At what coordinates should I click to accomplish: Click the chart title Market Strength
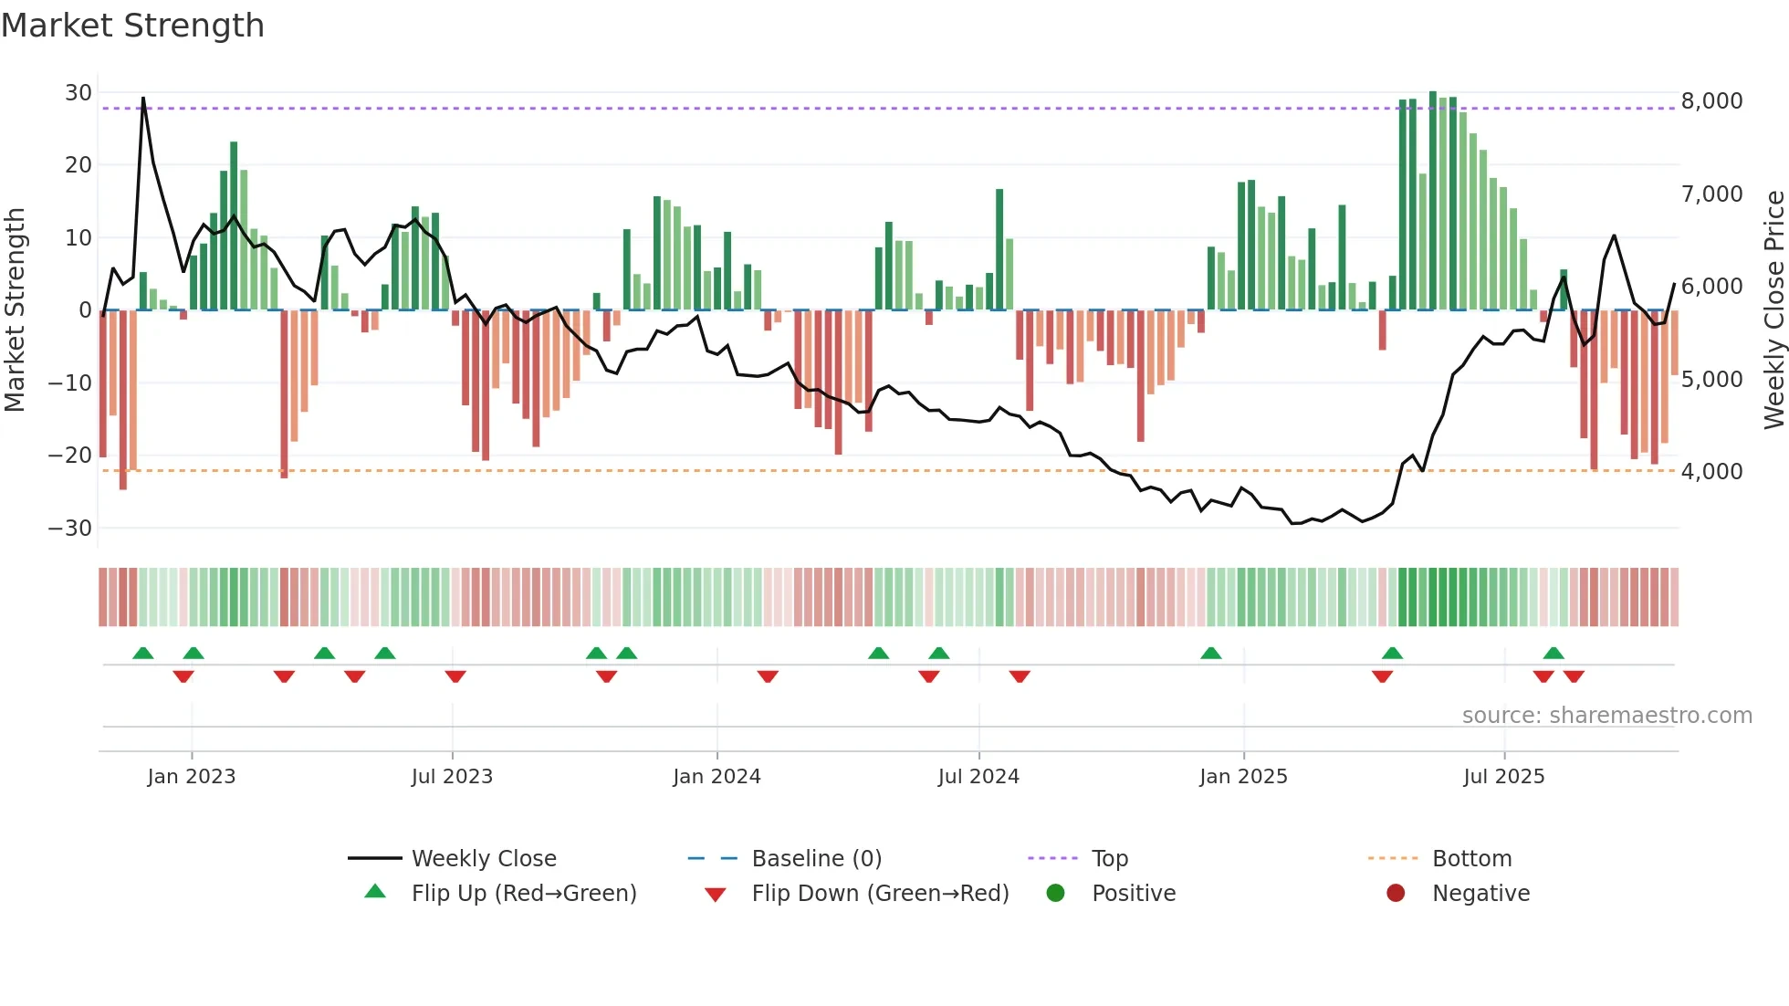point(132,26)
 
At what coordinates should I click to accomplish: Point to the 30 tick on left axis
point(78,93)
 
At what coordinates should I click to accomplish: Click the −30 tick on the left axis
point(70,529)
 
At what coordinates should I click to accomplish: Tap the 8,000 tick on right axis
point(1711,101)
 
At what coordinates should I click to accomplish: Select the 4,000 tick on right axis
point(1711,472)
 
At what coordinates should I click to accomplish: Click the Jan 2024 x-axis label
point(717,777)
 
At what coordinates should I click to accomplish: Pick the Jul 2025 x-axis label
point(1503,777)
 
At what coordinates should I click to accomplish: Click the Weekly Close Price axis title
point(1773,310)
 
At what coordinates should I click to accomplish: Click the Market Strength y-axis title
point(16,310)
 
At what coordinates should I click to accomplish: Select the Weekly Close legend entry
point(484,859)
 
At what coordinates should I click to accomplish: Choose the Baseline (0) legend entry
point(816,859)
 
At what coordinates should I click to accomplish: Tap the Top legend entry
point(1109,859)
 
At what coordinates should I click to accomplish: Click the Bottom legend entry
point(1471,859)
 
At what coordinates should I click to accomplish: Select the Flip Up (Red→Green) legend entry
point(523,894)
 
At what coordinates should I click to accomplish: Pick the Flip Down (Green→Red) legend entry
point(880,894)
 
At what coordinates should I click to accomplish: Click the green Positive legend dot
point(1056,894)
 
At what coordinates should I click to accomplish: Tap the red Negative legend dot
point(1396,894)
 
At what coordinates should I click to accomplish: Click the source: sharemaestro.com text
point(1606,716)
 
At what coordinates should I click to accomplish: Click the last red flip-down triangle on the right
point(1574,676)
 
